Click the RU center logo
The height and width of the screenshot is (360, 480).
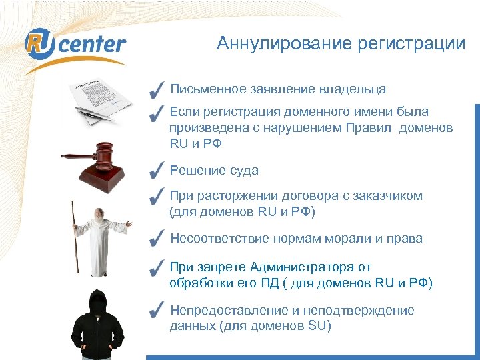coord(75,45)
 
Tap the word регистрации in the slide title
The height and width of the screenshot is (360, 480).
coord(411,44)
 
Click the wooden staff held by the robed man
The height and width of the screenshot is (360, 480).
coord(74,237)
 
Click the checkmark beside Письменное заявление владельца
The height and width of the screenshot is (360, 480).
coord(157,89)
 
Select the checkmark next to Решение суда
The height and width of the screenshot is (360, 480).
coord(157,170)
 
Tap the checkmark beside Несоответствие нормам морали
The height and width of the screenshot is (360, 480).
coord(157,238)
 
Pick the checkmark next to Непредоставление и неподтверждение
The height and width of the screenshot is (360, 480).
coord(157,310)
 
